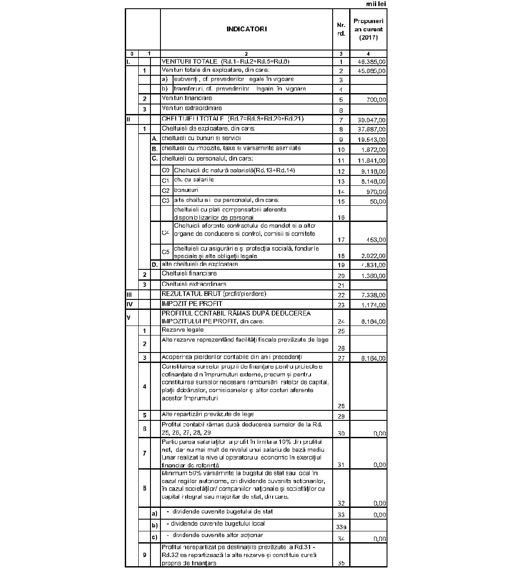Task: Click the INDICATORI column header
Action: (x=246, y=29)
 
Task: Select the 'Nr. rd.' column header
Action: (x=341, y=29)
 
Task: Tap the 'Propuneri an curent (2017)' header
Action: (x=368, y=29)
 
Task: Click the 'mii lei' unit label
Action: (x=376, y=4)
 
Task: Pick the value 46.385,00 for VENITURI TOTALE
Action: (x=371, y=62)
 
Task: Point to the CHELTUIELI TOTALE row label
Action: (x=233, y=119)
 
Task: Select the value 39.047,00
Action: (x=371, y=120)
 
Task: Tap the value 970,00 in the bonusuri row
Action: (x=376, y=192)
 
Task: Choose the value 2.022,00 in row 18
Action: (x=373, y=256)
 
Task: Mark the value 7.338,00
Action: (x=373, y=295)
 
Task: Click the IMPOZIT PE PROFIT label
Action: (x=192, y=303)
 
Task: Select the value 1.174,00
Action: (x=373, y=305)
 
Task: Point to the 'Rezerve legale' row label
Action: (x=183, y=330)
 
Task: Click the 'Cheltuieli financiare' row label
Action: (x=189, y=274)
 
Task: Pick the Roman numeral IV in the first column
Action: (x=129, y=304)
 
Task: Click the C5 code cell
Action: (x=166, y=252)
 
